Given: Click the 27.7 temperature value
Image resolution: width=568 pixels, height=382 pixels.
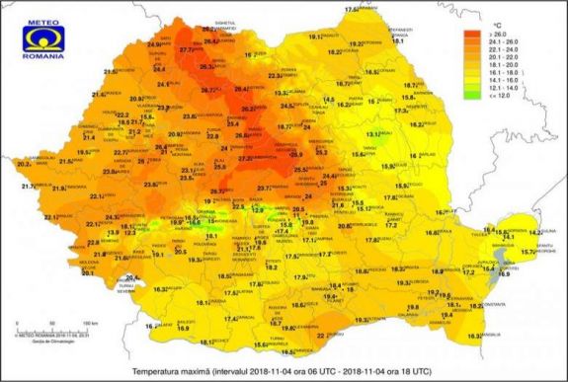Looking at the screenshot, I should [x=188, y=48].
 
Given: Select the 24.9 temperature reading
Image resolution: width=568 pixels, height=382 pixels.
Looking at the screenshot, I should [x=154, y=44].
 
